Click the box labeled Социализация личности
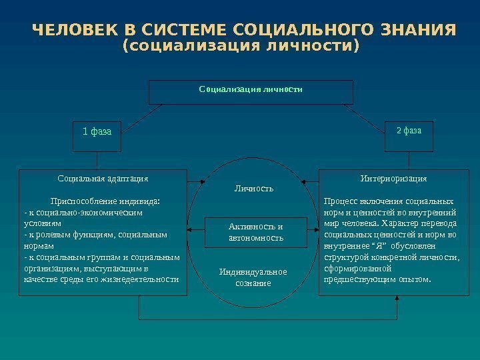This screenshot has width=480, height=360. coord(251,92)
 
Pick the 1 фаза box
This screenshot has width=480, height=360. coord(97,132)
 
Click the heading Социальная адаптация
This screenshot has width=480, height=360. coord(103,179)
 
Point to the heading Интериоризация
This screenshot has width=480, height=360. coord(393,179)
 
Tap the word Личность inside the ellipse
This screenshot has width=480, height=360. coord(253,189)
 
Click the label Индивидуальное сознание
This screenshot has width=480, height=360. coord(253,277)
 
